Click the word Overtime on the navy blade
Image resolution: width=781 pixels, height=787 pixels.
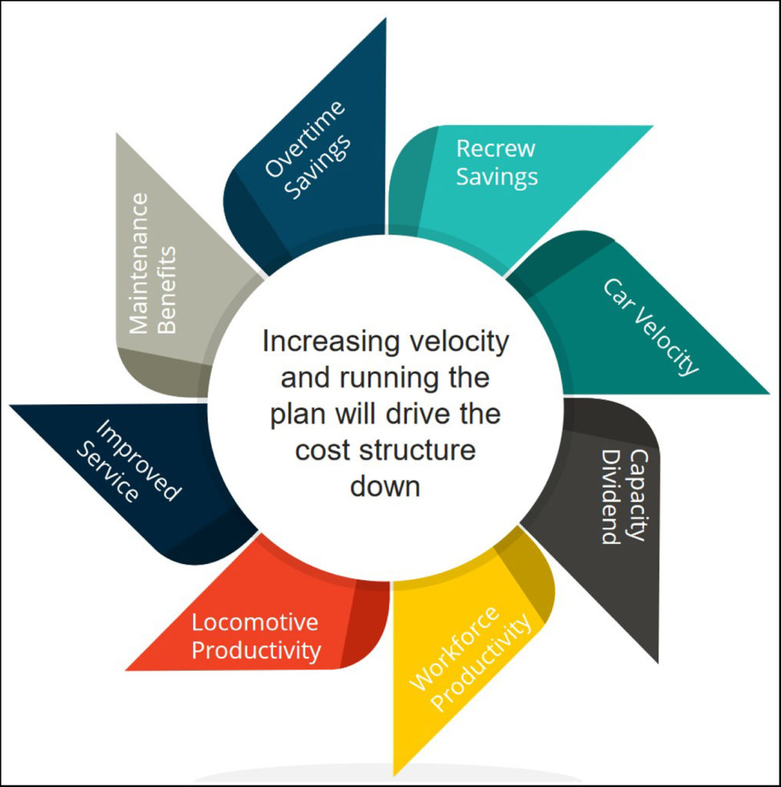coord(305,137)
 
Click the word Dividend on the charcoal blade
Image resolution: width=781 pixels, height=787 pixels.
coord(611,497)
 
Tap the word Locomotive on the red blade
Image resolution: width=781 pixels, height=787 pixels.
coord(254,622)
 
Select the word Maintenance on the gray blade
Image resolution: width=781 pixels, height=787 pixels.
coord(139,263)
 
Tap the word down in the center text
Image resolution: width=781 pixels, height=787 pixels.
coord(385,486)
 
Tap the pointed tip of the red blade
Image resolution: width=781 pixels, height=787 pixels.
coord(127,669)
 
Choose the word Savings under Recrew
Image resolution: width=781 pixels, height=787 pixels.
coord(497,177)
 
